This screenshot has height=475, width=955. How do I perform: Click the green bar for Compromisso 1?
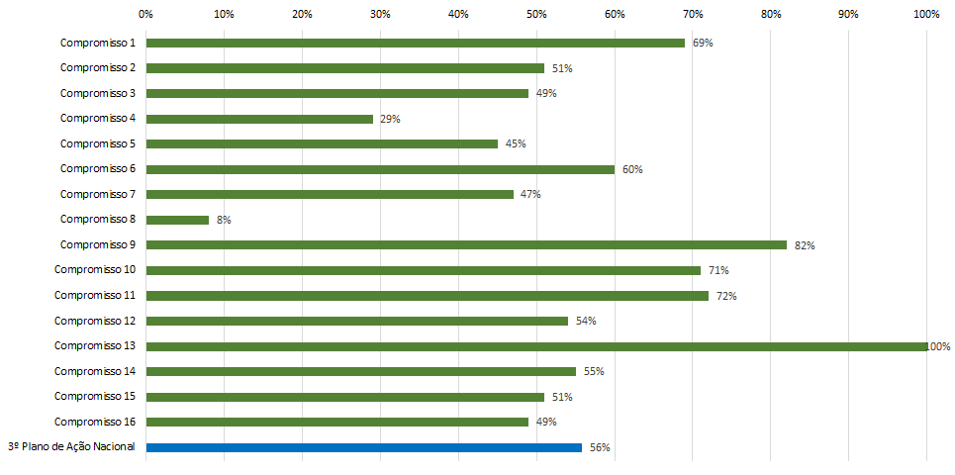[x=416, y=43]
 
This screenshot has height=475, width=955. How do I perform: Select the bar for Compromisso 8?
[x=178, y=220]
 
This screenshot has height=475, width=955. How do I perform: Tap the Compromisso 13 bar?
[x=536, y=346]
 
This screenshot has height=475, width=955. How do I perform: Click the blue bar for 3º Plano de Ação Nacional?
[x=364, y=447]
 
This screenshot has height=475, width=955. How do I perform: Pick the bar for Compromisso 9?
[x=466, y=244]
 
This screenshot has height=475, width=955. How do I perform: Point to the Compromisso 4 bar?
[x=259, y=119]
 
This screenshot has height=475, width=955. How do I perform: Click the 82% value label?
[x=805, y=245]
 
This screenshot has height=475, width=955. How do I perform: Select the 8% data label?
[x=224, y=220]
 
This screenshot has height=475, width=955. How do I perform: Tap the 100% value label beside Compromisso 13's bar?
[x=938, y=346]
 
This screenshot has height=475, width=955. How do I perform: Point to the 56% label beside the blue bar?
[x=600, y=447]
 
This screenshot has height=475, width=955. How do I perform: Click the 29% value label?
[x=390, y=119]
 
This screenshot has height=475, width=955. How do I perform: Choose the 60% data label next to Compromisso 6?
[x=632, y=169]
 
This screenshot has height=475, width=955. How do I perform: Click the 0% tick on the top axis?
[x=145, y=14]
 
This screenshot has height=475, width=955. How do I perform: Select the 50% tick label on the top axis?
[x=536, y=14]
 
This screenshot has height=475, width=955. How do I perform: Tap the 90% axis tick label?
[x=848, y=14]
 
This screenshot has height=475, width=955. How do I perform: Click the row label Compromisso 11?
[x=94, y=295]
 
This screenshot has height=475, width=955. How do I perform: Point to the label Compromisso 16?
[x=94, y=422]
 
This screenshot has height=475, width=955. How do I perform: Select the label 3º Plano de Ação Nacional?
[x=71, y=447]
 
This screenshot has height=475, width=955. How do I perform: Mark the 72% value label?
[x=727, y=296]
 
